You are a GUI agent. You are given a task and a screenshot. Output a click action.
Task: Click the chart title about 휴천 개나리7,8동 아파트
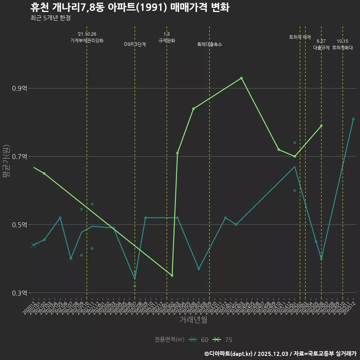point(129,7)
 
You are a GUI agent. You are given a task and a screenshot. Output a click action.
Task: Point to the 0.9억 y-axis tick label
point(20,88)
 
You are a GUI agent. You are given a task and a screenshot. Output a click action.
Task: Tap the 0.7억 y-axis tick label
point(20,157)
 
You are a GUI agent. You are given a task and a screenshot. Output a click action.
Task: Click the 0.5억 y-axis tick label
point(20,225)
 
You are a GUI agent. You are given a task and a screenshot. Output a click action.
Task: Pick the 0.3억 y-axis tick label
point(20,293)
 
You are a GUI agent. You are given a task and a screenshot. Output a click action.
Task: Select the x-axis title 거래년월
point(193,320)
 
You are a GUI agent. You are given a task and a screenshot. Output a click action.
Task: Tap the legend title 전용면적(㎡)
point(169,340)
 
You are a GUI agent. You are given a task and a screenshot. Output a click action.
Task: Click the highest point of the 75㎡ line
point(241,78)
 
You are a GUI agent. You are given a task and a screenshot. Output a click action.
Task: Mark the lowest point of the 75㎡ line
point(172,276)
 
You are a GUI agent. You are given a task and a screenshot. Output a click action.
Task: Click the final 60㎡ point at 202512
point(353,119)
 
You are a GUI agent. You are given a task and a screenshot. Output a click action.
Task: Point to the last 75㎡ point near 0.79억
point(321,126)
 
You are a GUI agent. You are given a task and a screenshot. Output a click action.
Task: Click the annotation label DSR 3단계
point(135,44)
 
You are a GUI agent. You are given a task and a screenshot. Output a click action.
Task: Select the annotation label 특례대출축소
point(210,44)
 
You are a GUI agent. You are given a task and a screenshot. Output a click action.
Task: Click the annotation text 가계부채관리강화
point(87,40)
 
